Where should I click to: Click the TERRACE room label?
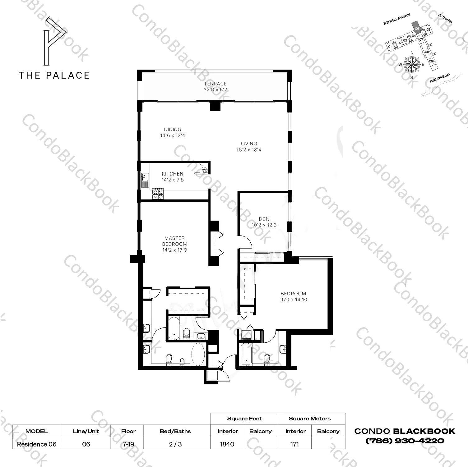pos(215,84)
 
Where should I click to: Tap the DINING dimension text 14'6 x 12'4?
pos(173,135)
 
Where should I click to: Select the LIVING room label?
pos(249,144)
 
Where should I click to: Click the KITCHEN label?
pos(173,174)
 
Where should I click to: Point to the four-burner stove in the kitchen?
pos(158,194)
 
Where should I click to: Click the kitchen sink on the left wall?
pos(145,181)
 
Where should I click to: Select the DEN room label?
pos(264,219)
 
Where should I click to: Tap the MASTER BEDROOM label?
pos(174,241)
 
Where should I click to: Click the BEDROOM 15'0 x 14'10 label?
pos(293,296)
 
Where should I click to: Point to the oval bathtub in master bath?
pos(198,355)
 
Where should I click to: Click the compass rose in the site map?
pos(412,64)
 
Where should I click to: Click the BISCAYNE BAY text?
pos(440,78)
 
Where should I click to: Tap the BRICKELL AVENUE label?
pos(396,19)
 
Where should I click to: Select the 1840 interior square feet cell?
pos(227,444)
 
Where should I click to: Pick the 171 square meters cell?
pos(294,444)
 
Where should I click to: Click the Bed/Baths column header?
pos(175,431)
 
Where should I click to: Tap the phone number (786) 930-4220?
pos(405,441)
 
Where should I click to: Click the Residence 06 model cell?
pos(37,444)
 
